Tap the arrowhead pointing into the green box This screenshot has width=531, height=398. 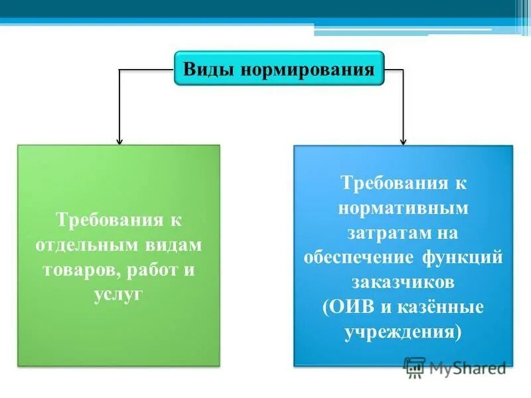point(119,140)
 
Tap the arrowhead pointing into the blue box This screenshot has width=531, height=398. point(403,140)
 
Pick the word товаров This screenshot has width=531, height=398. point(76,270)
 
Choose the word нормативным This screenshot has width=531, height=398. point(403,208)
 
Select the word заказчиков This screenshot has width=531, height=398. point(403,283)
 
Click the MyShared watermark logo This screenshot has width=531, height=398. point(455,367)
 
